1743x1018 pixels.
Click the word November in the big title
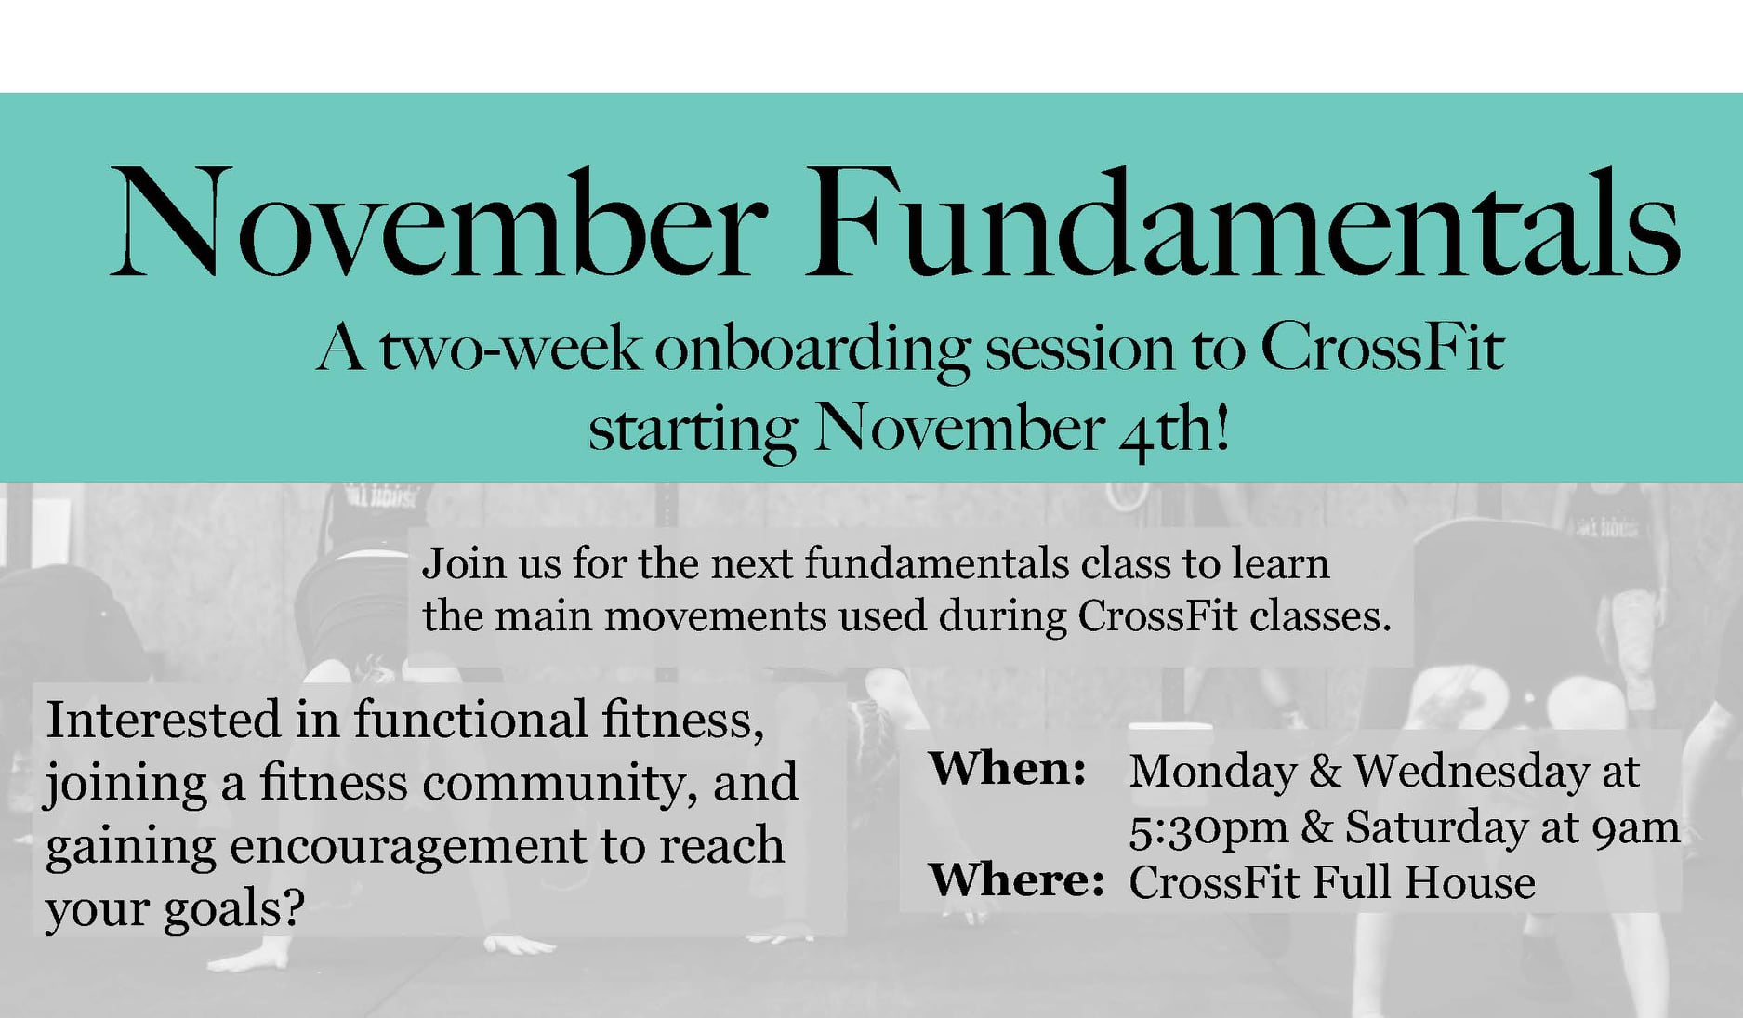click(x=439, y=223)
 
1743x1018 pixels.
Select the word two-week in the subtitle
click(x=509, y=349)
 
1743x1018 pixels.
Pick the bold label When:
click(x=1008, y=768)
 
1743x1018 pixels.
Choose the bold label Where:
click(x=1016, y=879)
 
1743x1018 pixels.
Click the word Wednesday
click(x=1471, y=771)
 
